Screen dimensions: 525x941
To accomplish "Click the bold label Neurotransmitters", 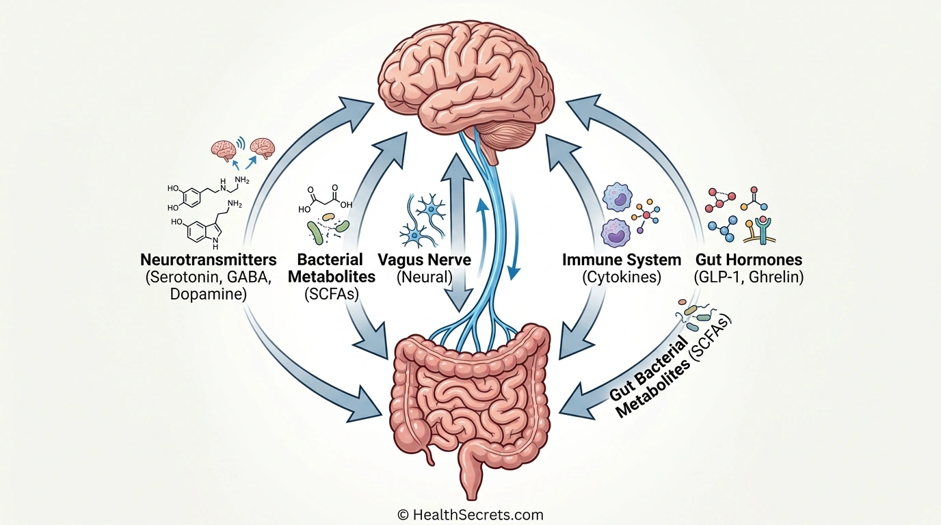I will coord(209,260).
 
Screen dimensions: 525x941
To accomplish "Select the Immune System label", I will coord(621,260).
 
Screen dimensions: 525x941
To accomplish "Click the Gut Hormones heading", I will coord(748,260).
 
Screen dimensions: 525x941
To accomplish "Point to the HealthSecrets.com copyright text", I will coord(470,515).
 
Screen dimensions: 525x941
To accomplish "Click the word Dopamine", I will coord(209,295).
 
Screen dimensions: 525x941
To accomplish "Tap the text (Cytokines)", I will coord(621,278).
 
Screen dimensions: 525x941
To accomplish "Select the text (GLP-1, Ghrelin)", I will coord(748,278).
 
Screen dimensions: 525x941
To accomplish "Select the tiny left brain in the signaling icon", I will coord(224,148).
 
